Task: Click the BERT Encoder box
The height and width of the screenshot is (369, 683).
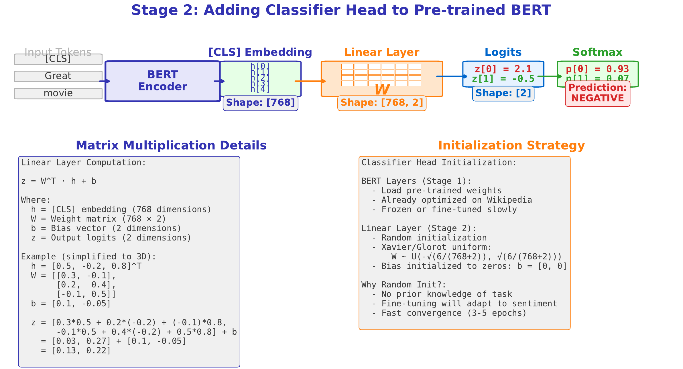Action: [x=162, y=81]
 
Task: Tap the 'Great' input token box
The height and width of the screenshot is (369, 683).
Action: [x=58, y=76]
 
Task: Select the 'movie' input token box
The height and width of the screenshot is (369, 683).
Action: [x=58, y=93]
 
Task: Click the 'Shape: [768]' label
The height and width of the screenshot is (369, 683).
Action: [x=260, y=103]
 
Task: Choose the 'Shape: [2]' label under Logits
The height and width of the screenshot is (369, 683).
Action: [x=503, y=93]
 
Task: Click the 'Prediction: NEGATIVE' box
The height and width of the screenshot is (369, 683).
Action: [x=598, y=93]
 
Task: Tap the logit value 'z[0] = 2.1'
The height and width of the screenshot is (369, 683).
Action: [x=503, y=69]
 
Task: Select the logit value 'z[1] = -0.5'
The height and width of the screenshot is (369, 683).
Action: [x=503, y=79]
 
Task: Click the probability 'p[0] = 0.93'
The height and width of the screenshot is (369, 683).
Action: [x=597, y=69]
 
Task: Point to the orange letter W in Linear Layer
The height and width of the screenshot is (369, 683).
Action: [x=382, y=90]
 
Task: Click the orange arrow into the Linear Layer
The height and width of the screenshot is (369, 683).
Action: [x=310, y=81]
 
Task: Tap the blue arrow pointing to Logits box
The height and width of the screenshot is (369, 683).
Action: [x=452, y=76]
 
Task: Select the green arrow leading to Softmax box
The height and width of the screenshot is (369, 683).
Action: [x=549, y=76]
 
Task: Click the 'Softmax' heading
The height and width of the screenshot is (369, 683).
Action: [x=597, y=52]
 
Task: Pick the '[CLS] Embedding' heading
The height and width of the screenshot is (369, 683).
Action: [x=260, y=52]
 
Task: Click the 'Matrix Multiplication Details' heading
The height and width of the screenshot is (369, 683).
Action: [x=171, y=145]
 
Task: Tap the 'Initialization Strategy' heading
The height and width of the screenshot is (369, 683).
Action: [x=511, y=145]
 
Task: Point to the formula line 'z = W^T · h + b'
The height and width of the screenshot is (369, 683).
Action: [x=59, y=181]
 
